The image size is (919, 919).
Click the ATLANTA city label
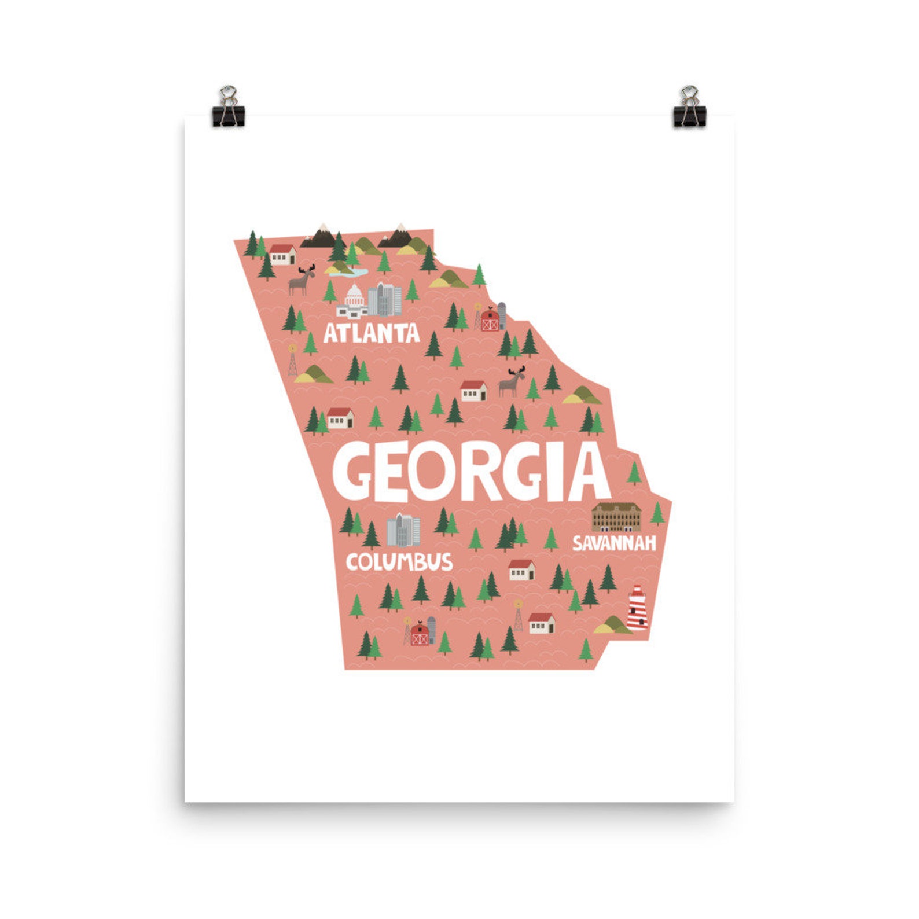(371, 333)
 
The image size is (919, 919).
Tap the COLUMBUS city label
(399, 562)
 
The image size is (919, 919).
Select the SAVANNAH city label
(614, 543)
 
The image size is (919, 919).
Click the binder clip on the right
(689, 108)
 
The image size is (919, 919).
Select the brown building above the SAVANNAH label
(616, 517)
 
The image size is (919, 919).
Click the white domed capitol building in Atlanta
(353, 302)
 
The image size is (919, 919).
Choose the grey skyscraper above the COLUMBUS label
(403, 531)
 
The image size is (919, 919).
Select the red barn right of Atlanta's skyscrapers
(490, 319)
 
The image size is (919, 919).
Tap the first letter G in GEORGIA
(353, 472)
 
